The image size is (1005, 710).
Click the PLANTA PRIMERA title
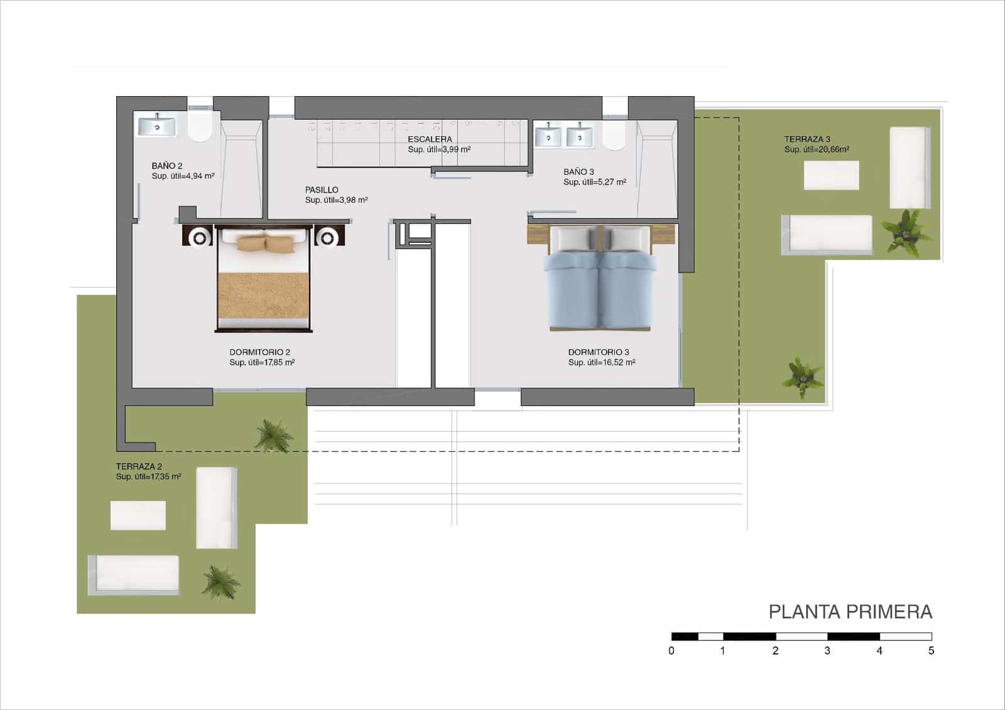pyautogui.click(x=850, y=612)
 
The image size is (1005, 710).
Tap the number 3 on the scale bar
pyautogui.click(x=827, y=651)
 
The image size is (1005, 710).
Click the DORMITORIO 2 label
pyautogui.click(x=259, y=352)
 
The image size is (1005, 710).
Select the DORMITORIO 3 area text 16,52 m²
pyautogui.click(x=601, y=363)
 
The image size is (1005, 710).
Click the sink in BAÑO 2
pyautogui.click(x=157, y=126)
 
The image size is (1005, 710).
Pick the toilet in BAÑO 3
pyautogui.click(x=614, y=136)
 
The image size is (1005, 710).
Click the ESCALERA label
pyautogui.click(x=430, y=139)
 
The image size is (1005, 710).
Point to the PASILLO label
pyautogui.click(x=322, y=190)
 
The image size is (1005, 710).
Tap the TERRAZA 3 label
pyautogui.click(x=807, y=139)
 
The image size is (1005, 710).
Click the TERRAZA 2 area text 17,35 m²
pyautogui.click(x=148, y=477)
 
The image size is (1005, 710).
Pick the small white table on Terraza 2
pyautogui.click(x=138, y=515)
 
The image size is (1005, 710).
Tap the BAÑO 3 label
pyautogui.click(x=579, y=171)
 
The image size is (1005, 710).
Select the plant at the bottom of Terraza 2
pyautogui.click(x=220, y=581)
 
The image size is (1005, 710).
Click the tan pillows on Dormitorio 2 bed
pyautogui.click(x=265, y=242)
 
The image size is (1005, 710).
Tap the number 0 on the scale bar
pyautogui.click(x=671, y=651)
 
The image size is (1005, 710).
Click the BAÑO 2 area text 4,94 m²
pyautogui.click(x=183, y=176)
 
